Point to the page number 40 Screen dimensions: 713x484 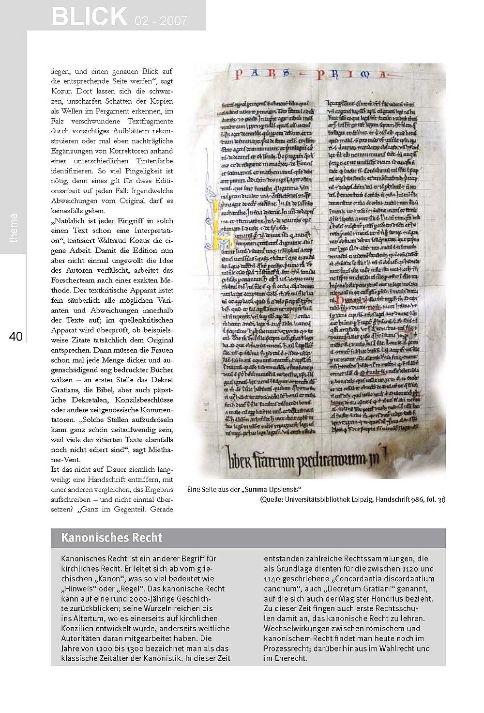pyautogui.click(x=16, y=337)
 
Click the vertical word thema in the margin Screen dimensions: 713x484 pyautogui.click(x=14, y=228)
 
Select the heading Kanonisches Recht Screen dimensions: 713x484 pyautogui.click(x=112, y=538)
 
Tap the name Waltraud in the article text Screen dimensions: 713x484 pyautogui.click(x=111, y=241)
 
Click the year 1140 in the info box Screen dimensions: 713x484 pyautogui.click(x=272, y=579)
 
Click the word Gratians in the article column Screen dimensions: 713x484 pyautogui.click(x=67, y=390)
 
